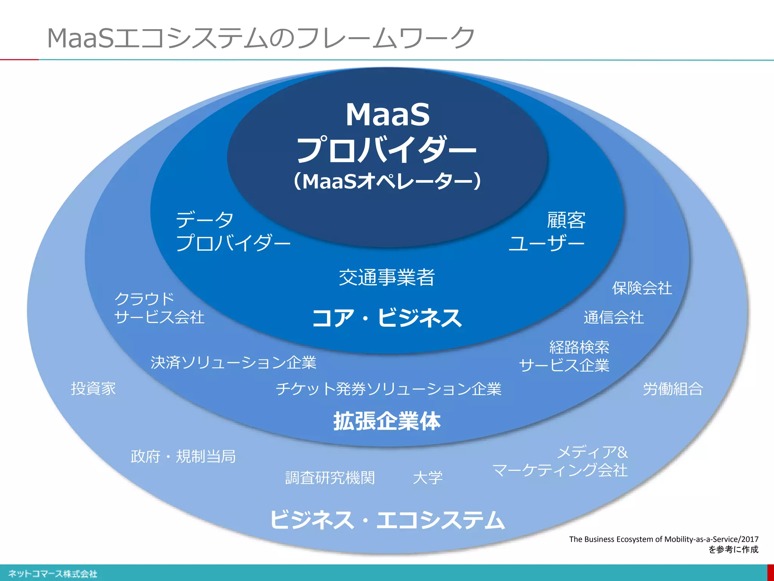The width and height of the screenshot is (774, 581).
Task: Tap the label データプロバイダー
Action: click(232, 231)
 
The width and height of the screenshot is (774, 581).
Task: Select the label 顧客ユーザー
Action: click(547, 231)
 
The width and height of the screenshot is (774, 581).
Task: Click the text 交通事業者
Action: click(387, 277)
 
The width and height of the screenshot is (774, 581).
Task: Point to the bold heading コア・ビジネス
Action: click(387, 318)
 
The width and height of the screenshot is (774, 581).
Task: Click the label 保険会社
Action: click(642, 288)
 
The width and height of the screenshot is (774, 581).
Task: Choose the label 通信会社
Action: click(613, 317)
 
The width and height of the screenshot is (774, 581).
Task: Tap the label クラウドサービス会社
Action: click(159, 308)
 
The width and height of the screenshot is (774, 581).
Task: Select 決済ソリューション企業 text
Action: click(233, 362)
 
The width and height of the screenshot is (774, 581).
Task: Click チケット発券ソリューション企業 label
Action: click(388, 389)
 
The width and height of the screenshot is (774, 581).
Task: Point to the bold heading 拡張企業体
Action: click(387, 421)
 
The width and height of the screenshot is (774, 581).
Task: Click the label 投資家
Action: click(93, 388)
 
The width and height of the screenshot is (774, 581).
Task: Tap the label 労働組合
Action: click(673, 389)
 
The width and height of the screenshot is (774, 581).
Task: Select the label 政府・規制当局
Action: click(183, 457)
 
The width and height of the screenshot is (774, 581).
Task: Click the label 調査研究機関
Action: click(330, 478)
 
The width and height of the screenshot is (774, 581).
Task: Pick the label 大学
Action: click(427, 478)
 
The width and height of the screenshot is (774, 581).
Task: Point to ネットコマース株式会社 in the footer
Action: click(53, 574)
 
